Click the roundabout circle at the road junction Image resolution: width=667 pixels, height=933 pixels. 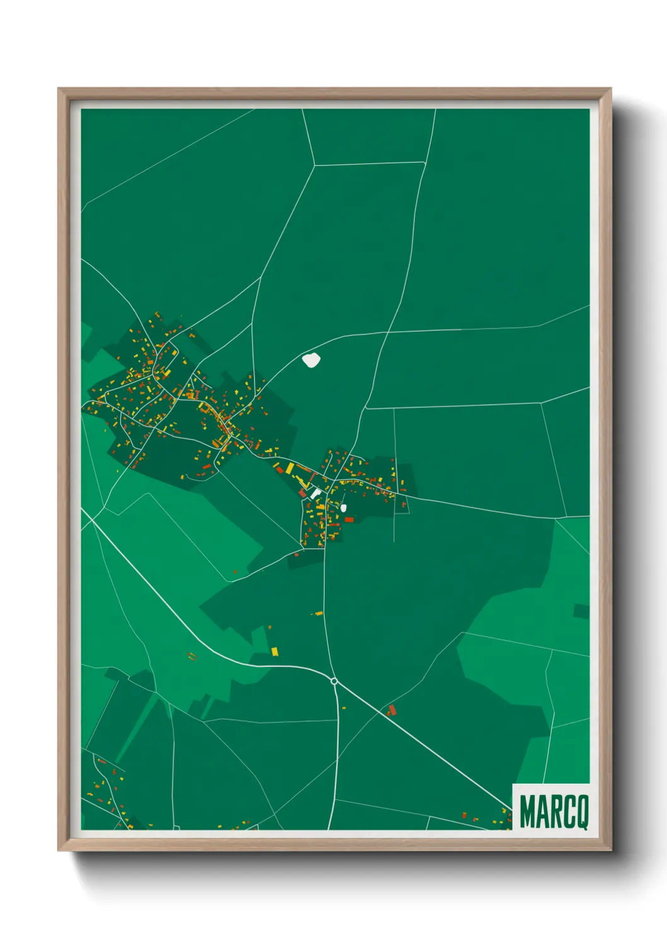click(x=334, y=681)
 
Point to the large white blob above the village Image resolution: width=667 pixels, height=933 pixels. click(x=311, y=361)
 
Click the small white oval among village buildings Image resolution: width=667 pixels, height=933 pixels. click(x=344, y=507)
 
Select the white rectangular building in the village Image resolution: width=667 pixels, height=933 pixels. click(x=316, y=494)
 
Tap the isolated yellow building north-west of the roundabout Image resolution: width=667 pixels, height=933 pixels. click(x=275, y=651)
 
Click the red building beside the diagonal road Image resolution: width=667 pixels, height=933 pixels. click(x=392, y=710)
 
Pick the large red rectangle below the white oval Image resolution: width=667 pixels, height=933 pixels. click(x=349, y=519)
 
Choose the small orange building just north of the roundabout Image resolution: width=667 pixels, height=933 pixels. click(x=319, y=613)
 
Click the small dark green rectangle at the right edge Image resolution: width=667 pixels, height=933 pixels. click(x=581, y=611)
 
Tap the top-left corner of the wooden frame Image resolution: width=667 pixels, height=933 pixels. click(x=59, y=89)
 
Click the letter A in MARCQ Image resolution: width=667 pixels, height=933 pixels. click(x=542, y=813)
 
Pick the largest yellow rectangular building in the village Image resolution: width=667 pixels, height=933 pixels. click(x=290, y=468)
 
